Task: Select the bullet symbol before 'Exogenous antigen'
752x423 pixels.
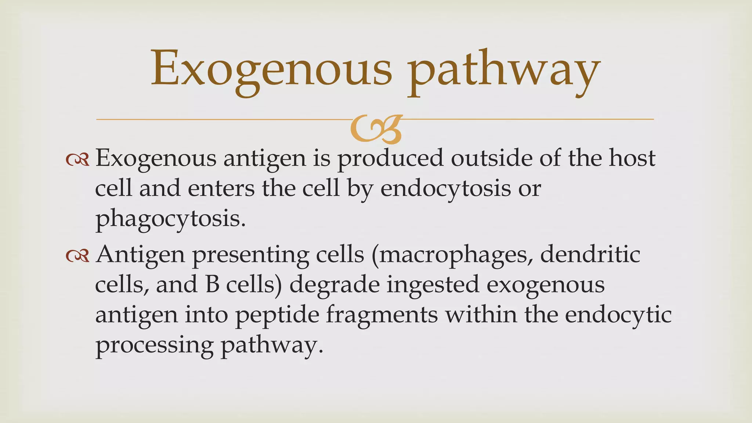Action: pos(78,159)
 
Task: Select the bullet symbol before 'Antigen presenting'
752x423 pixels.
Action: pos(78,256)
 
